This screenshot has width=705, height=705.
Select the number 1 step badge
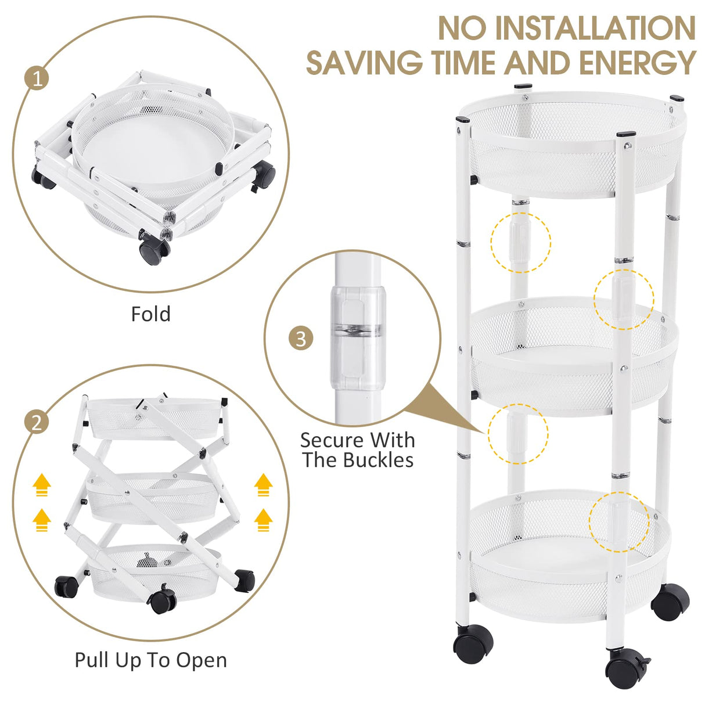[37, 78]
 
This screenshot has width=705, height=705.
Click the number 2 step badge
[37, 422]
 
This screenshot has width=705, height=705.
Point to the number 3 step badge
[300, 338]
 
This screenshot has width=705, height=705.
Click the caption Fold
[150, 314]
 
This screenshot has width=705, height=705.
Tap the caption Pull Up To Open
[150, 660]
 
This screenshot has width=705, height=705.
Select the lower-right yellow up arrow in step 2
[264, 520]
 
